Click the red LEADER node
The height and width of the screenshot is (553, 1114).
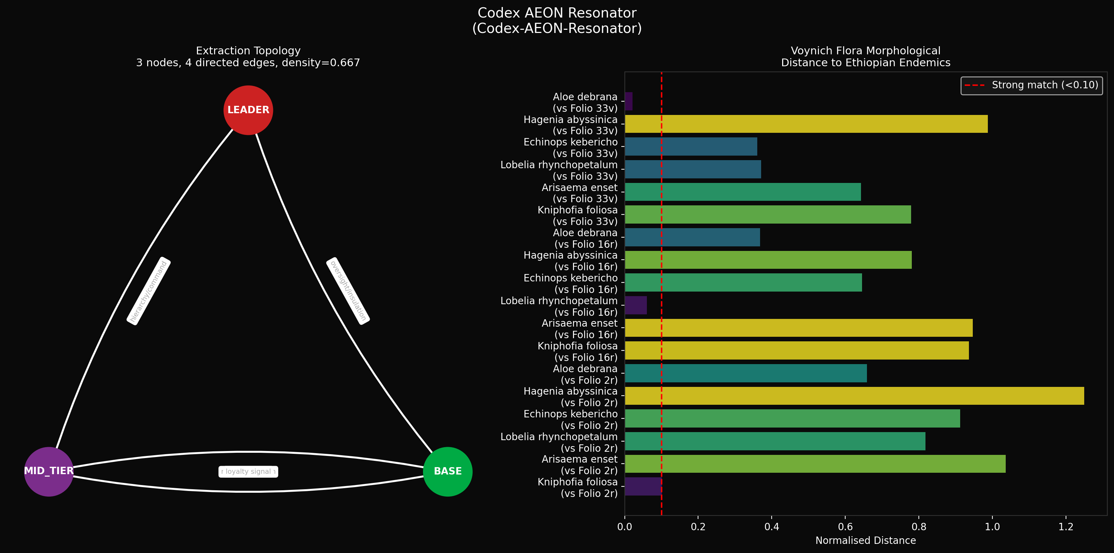(248, 110)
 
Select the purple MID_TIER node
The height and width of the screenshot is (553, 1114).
(49, 471)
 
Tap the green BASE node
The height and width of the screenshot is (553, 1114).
(447, 471)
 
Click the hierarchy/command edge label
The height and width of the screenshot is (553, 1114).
(148, 291)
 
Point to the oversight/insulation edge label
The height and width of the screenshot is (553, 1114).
(348, 291)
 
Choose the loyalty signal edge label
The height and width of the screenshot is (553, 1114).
(248, 471)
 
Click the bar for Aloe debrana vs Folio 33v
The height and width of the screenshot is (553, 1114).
(629, 101)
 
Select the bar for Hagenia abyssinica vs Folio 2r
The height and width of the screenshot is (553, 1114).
(855, 396)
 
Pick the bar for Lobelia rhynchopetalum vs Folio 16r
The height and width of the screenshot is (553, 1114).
(636, 305)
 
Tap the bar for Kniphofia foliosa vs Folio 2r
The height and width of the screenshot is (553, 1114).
(643, 486)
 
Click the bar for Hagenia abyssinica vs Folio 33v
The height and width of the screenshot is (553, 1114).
(806, 124)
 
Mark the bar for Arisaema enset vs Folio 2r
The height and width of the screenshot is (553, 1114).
(815, 464)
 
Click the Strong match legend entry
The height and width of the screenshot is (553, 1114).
(1031, 85)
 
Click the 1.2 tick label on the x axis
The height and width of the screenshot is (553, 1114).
(1066, 527)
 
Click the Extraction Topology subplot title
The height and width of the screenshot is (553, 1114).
(248, 57)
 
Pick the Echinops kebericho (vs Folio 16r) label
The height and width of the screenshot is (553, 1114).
(570, 284)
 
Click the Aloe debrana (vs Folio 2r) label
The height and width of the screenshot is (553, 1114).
(585, 374)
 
